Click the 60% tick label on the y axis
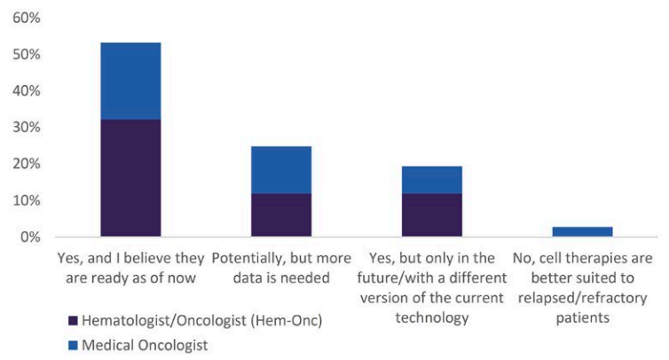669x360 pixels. point(27,18)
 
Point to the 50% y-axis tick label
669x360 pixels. point(27,55)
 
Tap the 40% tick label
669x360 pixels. point(27,90)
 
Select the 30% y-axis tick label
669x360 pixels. point(27,127)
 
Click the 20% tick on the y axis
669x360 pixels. point(27,164)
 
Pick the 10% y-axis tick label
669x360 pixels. point(27,200)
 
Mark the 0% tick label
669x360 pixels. point(30,237)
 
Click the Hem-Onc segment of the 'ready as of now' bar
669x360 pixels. point(130,178)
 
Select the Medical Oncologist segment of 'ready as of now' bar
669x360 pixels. point(130,81)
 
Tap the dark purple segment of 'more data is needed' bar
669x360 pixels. point(281,215)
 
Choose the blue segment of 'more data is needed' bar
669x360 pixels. point(281,170)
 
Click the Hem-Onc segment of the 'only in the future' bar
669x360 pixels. point(432,215)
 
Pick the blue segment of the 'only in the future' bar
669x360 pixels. point(432,180)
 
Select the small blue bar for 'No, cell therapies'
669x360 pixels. point(582,231)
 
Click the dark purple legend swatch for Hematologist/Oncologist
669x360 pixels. point(73,321)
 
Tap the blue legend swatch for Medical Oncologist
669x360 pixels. point(73,346)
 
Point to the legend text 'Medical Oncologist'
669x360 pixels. point(145,346)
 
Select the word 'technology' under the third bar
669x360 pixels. point(432,318)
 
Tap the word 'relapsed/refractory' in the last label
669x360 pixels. point(582,298)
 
